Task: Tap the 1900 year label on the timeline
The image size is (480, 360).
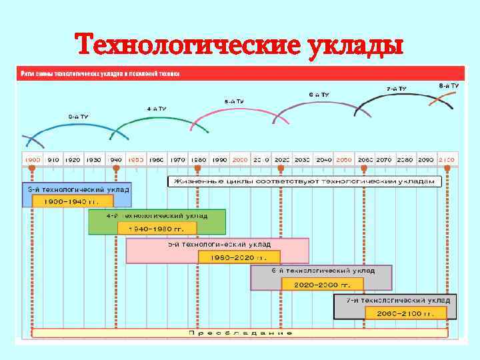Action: pos(33,160)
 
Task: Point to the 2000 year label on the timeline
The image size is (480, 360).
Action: pos(240,160)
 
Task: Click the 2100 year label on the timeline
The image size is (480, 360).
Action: pos(446,160)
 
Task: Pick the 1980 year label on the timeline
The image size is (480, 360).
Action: pos(198,160)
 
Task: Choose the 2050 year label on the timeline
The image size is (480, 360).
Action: pos(343,160)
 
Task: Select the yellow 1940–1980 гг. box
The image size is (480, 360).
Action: pos(157,228)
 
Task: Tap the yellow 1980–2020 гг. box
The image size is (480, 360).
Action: pos(239,257)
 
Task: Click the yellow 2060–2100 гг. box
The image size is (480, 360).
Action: pos(405,313)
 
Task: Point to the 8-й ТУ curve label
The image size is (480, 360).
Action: pos(448,85)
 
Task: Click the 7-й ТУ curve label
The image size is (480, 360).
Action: pos(396,88)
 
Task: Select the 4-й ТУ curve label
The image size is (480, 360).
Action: pos(157,108)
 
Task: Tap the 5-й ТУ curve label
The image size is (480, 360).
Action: pos(233,101)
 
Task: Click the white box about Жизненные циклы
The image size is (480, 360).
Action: pos(304,181)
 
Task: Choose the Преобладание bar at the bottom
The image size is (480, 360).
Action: pos(240,332)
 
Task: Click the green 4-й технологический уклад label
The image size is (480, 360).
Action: pos(157,216)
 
